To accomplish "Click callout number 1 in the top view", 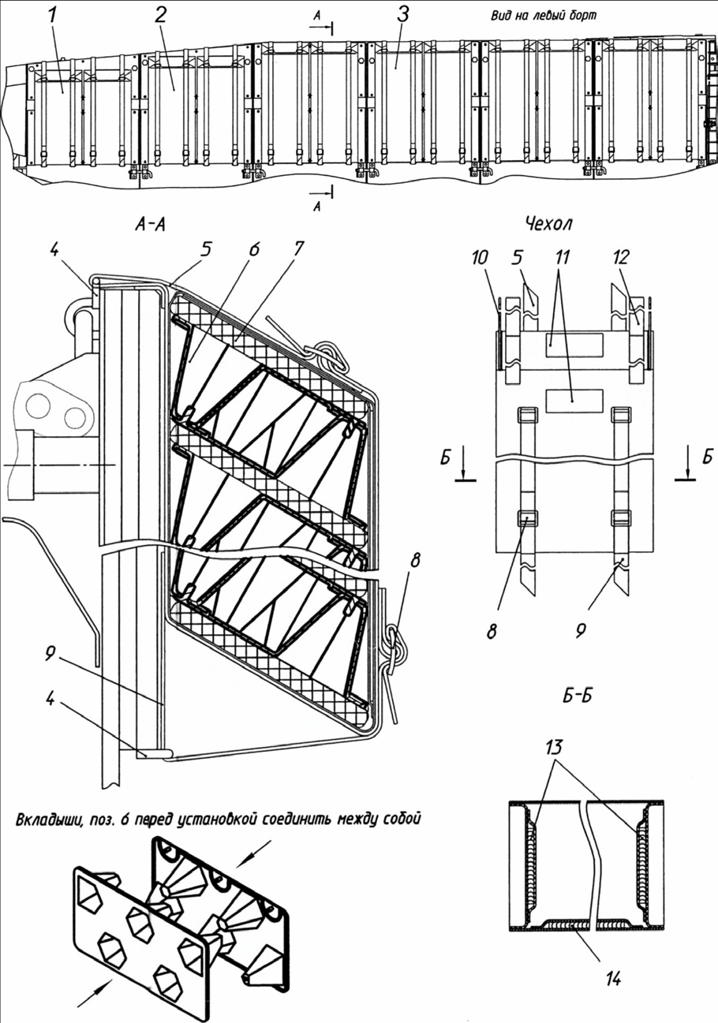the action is (53, 17).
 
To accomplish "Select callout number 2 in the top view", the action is (160, 17).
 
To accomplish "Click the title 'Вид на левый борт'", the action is (544, 16).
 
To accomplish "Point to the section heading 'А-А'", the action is (150, 225).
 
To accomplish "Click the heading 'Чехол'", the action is (549, 224).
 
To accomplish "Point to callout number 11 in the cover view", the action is (562, 258).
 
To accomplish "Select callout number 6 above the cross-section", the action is (254, 249).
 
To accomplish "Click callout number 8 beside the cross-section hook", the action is (414, 560).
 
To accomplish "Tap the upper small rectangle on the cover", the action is (574, 345).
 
